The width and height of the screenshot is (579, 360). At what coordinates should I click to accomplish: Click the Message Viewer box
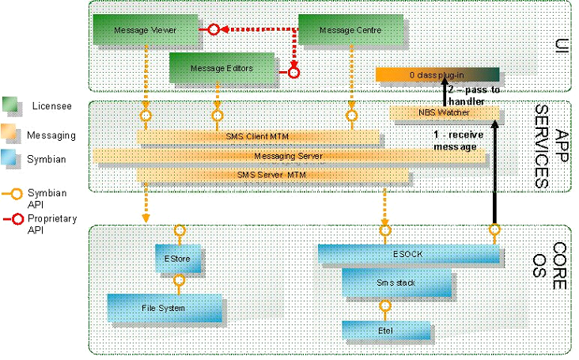coord(144,30)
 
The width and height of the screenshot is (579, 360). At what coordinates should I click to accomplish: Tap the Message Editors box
coord(221,68)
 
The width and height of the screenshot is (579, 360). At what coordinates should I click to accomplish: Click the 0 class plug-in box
coord(437,74)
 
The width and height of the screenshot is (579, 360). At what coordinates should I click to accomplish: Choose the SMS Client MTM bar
coord(258,137)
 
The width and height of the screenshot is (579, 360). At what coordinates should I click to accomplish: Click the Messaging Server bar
coord(288,156)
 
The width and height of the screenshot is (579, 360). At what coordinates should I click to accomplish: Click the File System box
coord(165,308)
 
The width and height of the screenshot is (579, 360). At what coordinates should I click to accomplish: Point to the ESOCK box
coord(409,254)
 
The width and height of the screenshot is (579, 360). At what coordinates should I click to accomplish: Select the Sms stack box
coord(396,282)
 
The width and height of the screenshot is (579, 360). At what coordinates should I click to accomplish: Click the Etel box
coord(385,330)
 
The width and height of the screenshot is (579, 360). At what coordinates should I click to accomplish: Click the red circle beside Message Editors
coord(293,73)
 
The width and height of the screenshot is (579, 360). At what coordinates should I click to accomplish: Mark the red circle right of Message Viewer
coord(212,30)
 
